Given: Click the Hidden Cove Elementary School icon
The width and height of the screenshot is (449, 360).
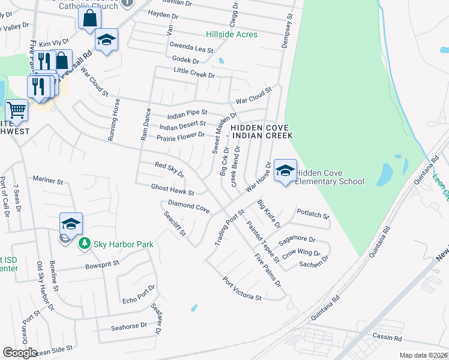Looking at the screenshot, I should (x=285, y=170).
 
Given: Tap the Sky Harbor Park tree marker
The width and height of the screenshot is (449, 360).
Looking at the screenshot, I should (x=84, y=243).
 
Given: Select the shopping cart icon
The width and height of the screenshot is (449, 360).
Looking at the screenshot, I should (x=16, y=110).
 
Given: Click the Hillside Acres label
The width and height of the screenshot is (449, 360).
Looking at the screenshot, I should (x=232, y=34).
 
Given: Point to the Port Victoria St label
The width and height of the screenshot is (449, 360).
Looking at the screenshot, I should (x=243, y=289).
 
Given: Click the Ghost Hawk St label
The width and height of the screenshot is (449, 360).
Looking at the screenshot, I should (x=173, y=190).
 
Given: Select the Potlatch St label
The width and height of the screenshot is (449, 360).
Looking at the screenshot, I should (x=313, y=215).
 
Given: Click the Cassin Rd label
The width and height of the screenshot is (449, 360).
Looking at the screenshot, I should (x=386, y=338).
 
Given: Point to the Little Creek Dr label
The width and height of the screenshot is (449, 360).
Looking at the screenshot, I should (x=194, y=75).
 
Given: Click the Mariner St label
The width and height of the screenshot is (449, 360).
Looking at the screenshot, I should (x=48, y=180).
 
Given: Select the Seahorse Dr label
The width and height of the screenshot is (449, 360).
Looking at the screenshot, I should (x=128, y=327).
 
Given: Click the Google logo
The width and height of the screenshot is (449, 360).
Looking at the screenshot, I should (x=20, y=353).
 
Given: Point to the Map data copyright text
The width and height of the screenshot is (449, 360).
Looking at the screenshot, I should (x=423, y=355).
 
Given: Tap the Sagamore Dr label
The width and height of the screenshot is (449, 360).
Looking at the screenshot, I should (x=292, y=239).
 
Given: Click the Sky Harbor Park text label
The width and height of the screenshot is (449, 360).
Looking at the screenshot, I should (x=123, y=244).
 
